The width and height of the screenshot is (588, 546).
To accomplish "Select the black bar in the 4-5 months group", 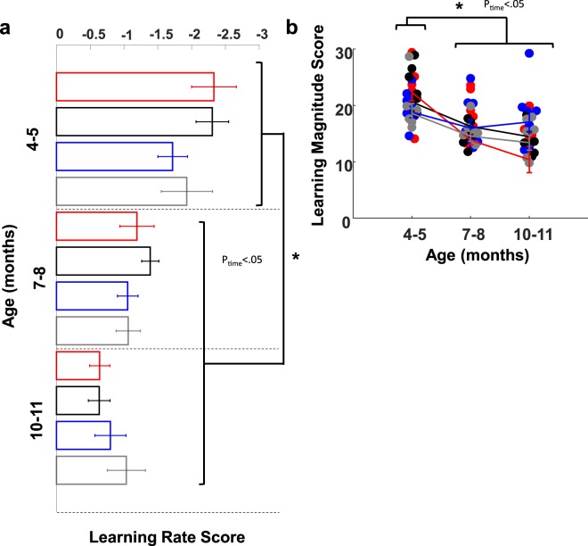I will click(x=135, y=121).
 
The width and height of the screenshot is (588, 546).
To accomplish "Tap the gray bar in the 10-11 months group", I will click(x=92, y=469).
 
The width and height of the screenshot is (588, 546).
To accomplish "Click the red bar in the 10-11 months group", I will click(x=78, y=366).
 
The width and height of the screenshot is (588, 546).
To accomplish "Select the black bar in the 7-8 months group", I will click(x=103, y=261).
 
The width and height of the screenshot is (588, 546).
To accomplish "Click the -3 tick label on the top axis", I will click(x=262, y=33).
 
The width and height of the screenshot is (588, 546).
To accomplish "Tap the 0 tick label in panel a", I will click(x=59, y=33).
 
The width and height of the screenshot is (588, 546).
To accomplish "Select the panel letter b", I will click(x=316, y=28).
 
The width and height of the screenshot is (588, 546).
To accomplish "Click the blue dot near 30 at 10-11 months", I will click(x=529, y=54).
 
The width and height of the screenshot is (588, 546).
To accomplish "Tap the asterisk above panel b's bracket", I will click(x=458, y=7).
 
